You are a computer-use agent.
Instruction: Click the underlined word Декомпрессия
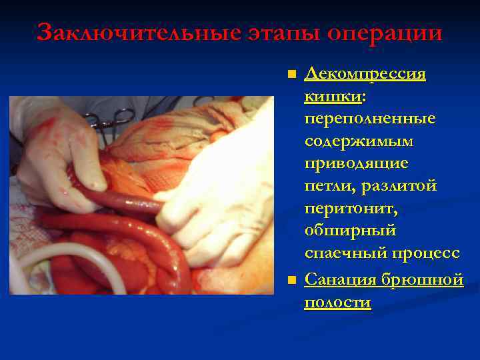[x=365, y=73]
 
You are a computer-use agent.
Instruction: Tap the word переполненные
[x=370, y=119]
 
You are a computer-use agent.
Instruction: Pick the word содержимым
[x=359, y=142]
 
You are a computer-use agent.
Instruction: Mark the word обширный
[x=350, y=233]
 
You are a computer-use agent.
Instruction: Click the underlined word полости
[x=337, y=302]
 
